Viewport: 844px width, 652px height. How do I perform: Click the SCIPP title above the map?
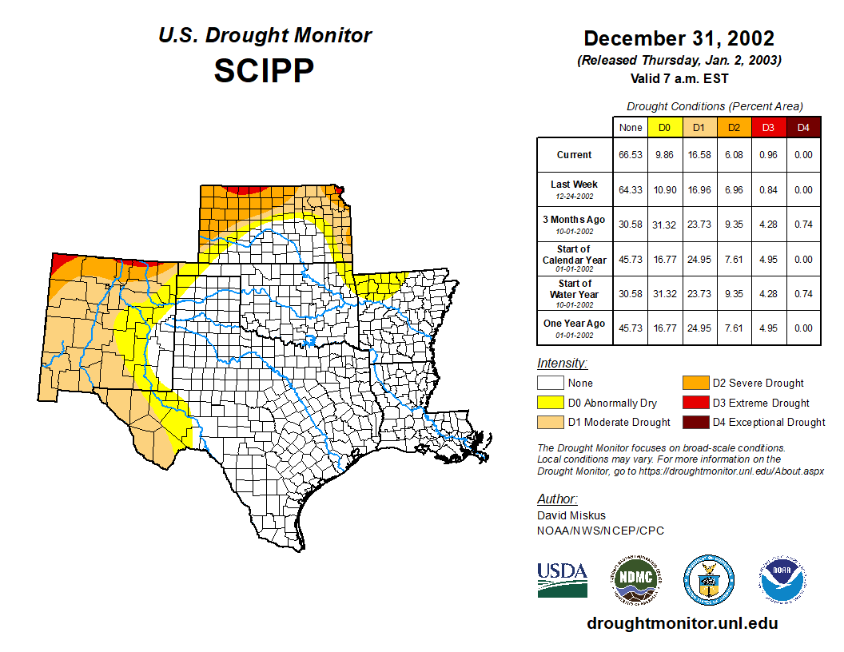click(x=264, y=71)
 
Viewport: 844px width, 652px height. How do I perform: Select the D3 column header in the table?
click(x=768, y=127)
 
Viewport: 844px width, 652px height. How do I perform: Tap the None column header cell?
click(x=630, y=127)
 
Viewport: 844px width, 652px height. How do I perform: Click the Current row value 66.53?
click(x=630, y=155)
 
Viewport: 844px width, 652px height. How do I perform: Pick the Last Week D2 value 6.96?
click(x=734, y=190)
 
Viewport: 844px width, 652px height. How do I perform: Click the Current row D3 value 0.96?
click(x=768, y=155)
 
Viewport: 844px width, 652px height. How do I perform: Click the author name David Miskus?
click(x=571, y=516)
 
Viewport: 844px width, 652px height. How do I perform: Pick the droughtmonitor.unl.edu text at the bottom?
click(x=682, y=623)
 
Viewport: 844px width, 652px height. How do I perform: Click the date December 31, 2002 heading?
click(x=679, y=38)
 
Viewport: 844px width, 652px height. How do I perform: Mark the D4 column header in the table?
click(x=803, y=127)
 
